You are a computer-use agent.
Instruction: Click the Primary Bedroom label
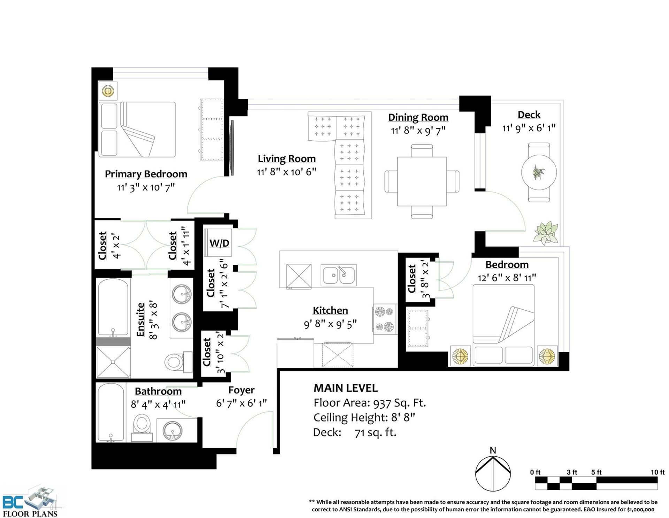tap(146, 174)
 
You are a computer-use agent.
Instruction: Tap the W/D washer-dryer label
tap(219, 243)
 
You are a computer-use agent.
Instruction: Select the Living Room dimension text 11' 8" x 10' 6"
tap(286, 172)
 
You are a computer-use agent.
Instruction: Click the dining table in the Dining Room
tap(422, 181)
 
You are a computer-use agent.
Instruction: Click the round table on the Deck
tap(539, 172)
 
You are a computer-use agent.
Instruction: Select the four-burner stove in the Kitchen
tap(385, 319)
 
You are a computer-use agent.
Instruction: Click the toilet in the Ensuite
tap(178, 362)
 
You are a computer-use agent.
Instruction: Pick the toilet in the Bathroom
tap(142, 428)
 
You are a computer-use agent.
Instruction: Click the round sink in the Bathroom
tap(172, 431)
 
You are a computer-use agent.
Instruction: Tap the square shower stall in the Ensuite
tap(114, 362)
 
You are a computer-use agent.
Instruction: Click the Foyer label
tap(241, 390)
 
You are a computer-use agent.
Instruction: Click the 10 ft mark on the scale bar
tap(658, 472)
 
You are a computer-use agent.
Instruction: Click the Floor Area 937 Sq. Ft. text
tap(370, 403)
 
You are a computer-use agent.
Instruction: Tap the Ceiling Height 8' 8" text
tap(364, 417)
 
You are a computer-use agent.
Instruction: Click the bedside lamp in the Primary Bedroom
tap(108, 91)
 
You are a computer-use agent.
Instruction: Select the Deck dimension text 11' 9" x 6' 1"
tap(529, 128)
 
